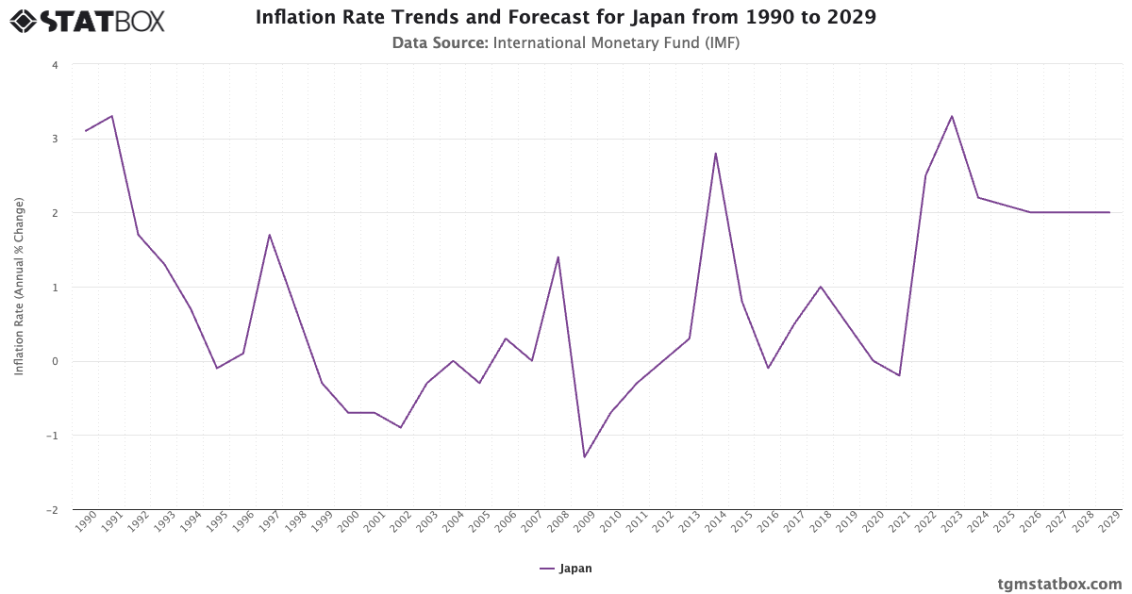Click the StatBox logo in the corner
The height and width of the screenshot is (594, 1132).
(88, 21)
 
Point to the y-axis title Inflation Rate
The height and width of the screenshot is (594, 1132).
(19, 287)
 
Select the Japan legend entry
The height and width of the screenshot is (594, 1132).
(566, 569)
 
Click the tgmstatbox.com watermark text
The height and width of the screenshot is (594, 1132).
(1059, 584)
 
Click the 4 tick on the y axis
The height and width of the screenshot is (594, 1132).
(55, 65)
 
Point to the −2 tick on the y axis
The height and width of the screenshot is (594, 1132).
(53, 509)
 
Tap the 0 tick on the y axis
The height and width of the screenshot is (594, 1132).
(55, 361)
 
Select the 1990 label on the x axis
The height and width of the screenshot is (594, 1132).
(85, 521)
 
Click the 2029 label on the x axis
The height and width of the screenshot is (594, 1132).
(1108, 521)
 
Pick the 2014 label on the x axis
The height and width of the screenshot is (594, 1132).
(715, 521)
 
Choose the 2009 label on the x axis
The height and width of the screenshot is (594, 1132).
(584, 521)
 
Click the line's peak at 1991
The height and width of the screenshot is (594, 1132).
(112, 116)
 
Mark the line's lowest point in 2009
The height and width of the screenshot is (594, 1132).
(585, 457)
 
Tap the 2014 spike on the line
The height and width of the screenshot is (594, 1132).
(716, 153)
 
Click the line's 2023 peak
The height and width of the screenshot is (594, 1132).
(952, 116)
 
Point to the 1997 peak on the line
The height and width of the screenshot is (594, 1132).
(270, 235)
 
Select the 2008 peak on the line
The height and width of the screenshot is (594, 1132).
(558, 256)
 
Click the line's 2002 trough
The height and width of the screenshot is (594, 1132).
(401, 427)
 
